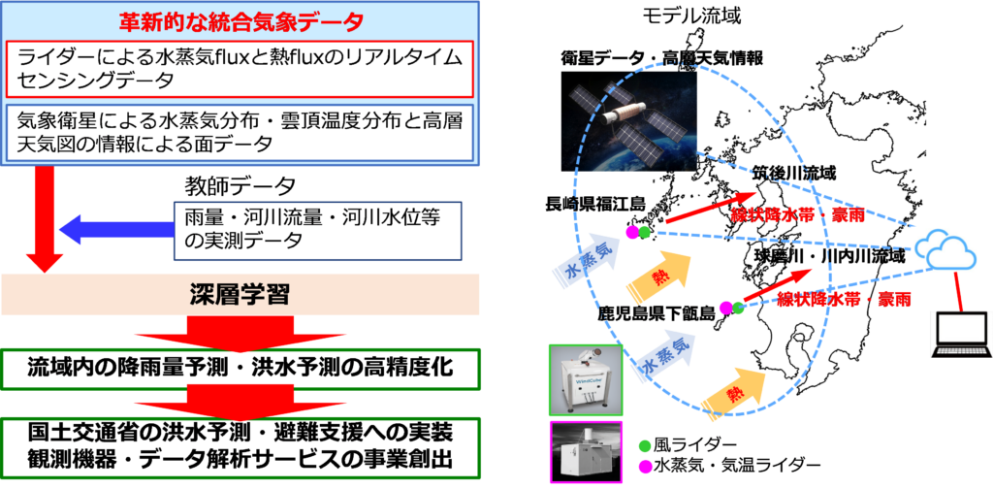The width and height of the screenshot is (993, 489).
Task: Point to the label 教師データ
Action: [x=240, y=186]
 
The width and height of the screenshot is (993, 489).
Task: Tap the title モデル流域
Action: [x=690, y=16]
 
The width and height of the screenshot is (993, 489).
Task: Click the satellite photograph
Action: [x=628, y=121]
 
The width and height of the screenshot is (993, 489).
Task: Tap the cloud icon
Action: [x=948, y=251]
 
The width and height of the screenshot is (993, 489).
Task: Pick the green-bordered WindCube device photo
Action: [x=585, y=380]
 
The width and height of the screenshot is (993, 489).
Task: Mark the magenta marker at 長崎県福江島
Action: [x=632, y=233]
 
